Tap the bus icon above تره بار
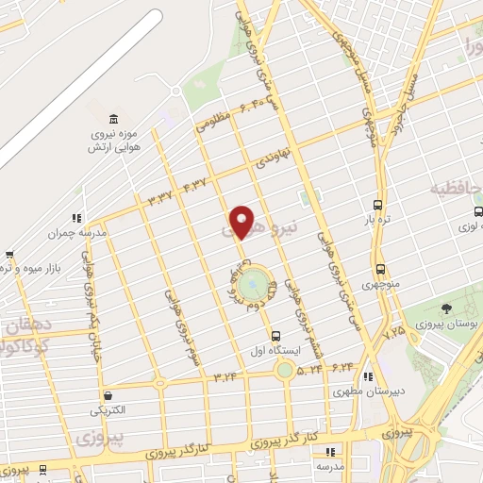pos(378,205)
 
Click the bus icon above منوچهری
pos(380,268)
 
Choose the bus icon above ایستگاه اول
pos(276,335)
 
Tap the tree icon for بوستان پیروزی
pos(447,309)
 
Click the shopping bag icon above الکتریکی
pos(111,395)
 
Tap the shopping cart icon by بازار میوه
pos(9,254)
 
